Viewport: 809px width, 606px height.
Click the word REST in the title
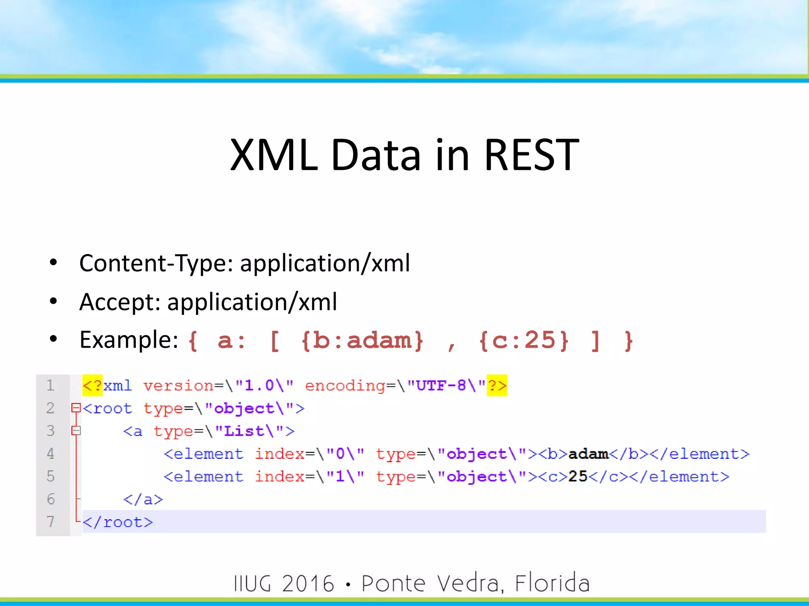point(531,155)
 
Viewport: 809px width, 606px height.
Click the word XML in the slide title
point(274,155)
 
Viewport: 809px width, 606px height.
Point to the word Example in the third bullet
point(129,340)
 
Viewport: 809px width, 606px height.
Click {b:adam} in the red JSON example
point(362,340)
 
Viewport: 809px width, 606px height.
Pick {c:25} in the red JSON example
point(523,340)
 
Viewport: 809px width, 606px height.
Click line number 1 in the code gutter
point(50,385)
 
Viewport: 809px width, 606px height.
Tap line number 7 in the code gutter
point(50,522)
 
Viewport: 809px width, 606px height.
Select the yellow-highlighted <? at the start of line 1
point(92,385)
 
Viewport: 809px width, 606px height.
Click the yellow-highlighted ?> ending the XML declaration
point(497,385)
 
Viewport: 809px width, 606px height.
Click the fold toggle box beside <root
point(76,408)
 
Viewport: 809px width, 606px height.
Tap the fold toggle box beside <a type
point(76,430)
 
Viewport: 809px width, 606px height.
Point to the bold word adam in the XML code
point(588,454)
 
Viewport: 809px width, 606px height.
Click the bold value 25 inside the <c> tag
point(578,477)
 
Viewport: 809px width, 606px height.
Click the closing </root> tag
point(118,522)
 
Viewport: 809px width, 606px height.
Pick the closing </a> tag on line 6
point(143,499)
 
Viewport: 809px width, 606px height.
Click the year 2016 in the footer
point(308,584)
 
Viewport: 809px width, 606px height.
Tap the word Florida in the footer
point(552,584)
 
